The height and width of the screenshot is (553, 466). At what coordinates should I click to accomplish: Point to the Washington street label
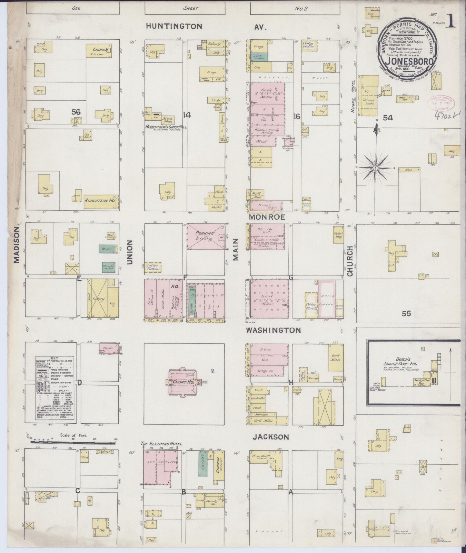click(273, 330)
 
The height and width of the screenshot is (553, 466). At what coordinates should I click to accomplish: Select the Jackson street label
click(270, 437)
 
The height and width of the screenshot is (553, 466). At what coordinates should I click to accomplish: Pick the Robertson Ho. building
click(100, 200)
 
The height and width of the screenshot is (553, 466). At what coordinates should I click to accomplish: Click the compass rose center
click(376, 168)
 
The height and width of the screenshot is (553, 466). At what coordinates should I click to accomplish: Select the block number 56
click(76, 112)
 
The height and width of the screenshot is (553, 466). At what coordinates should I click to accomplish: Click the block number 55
click(406, 313)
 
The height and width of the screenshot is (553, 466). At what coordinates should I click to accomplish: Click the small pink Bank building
click(107, 348)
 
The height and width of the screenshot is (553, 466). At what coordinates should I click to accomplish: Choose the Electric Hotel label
click(162, 444)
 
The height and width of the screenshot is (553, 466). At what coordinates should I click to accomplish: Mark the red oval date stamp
click(440, 102)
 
